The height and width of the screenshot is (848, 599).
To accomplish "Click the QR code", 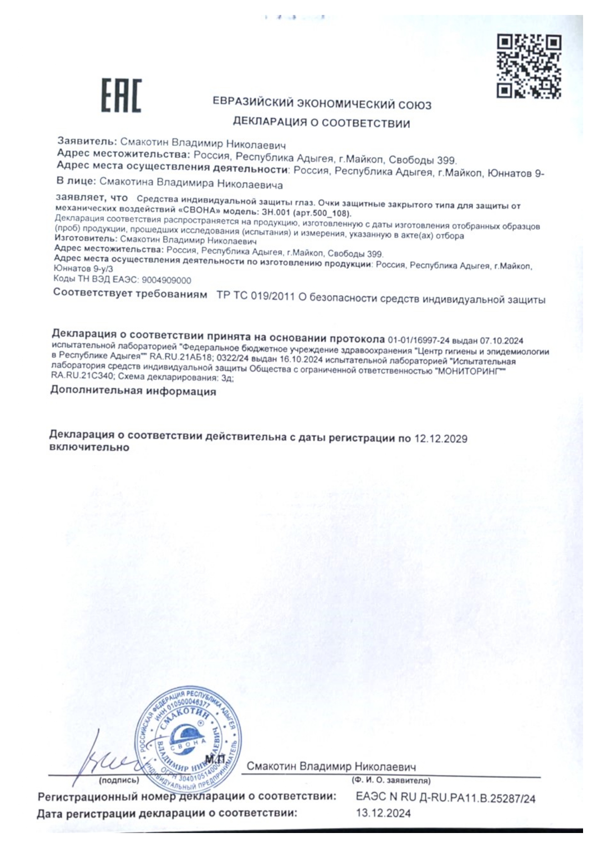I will [x=529, y=67].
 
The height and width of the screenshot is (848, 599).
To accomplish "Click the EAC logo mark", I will [x=121, y=96].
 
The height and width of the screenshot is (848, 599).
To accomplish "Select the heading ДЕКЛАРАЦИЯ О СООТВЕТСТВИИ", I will [x=321, y=123].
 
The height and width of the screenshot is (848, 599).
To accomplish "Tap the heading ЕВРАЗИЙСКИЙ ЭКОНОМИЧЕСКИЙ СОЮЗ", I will [x=322, y=104].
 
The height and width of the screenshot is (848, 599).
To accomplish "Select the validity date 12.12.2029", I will [x=441, y=439].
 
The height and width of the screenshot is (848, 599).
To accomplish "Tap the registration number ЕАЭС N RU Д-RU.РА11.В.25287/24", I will [x=445, y=798].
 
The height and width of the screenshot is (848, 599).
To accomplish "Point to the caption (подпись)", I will [x=119, y=780].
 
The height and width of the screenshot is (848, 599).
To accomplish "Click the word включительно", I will [x=89, y=447].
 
